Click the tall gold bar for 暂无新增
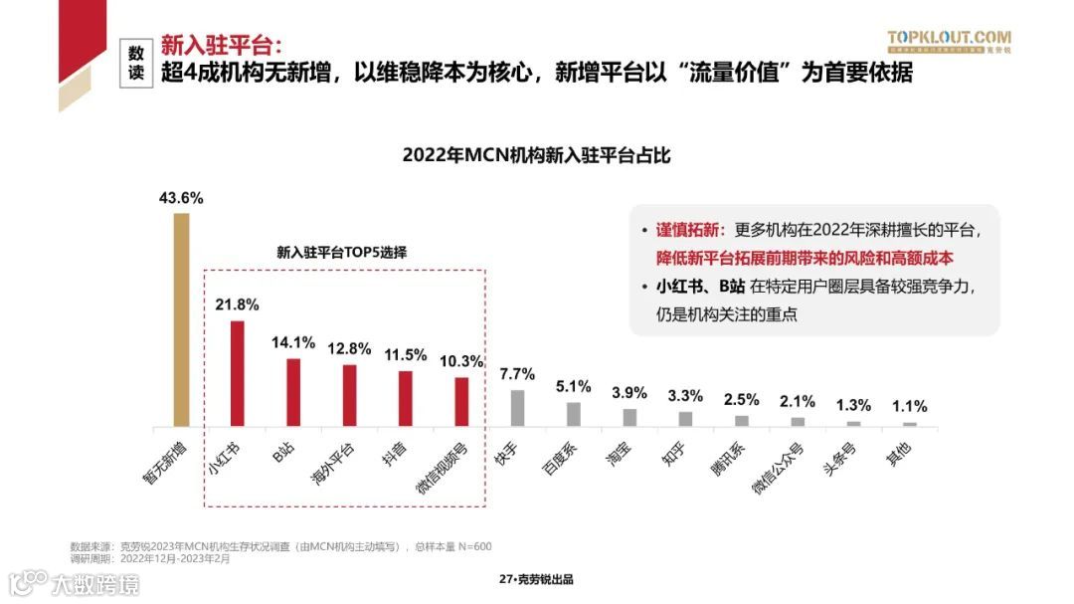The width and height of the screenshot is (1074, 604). (x=181, y=319)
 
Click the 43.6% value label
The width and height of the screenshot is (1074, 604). (x=181, y=198)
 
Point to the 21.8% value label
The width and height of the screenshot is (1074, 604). (x=237, y=304)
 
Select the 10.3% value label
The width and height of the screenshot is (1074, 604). (x=461, y=360)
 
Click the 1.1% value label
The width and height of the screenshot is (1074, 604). (x=909, y=406)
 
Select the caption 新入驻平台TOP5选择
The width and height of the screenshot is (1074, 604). (x=341, y=253)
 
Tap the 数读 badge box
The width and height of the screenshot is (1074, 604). (x=136, y=63)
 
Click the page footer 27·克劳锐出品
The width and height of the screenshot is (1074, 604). (x=536, y=579)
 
